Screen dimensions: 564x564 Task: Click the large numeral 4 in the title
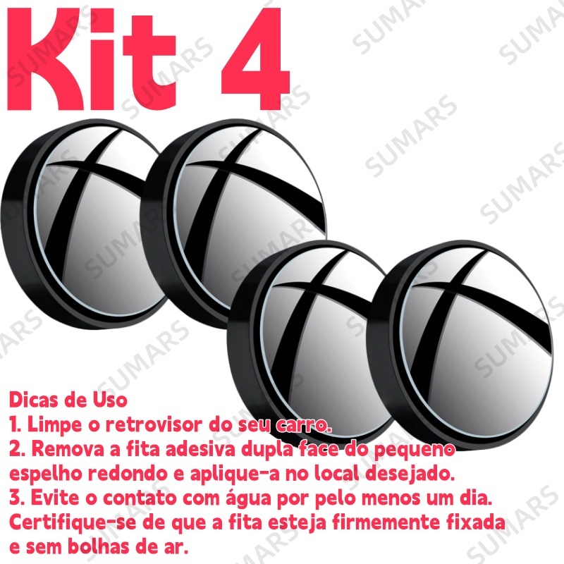coord(254,59)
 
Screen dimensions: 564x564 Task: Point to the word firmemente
coord(386,523)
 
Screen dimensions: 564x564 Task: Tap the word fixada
coord(475,523)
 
